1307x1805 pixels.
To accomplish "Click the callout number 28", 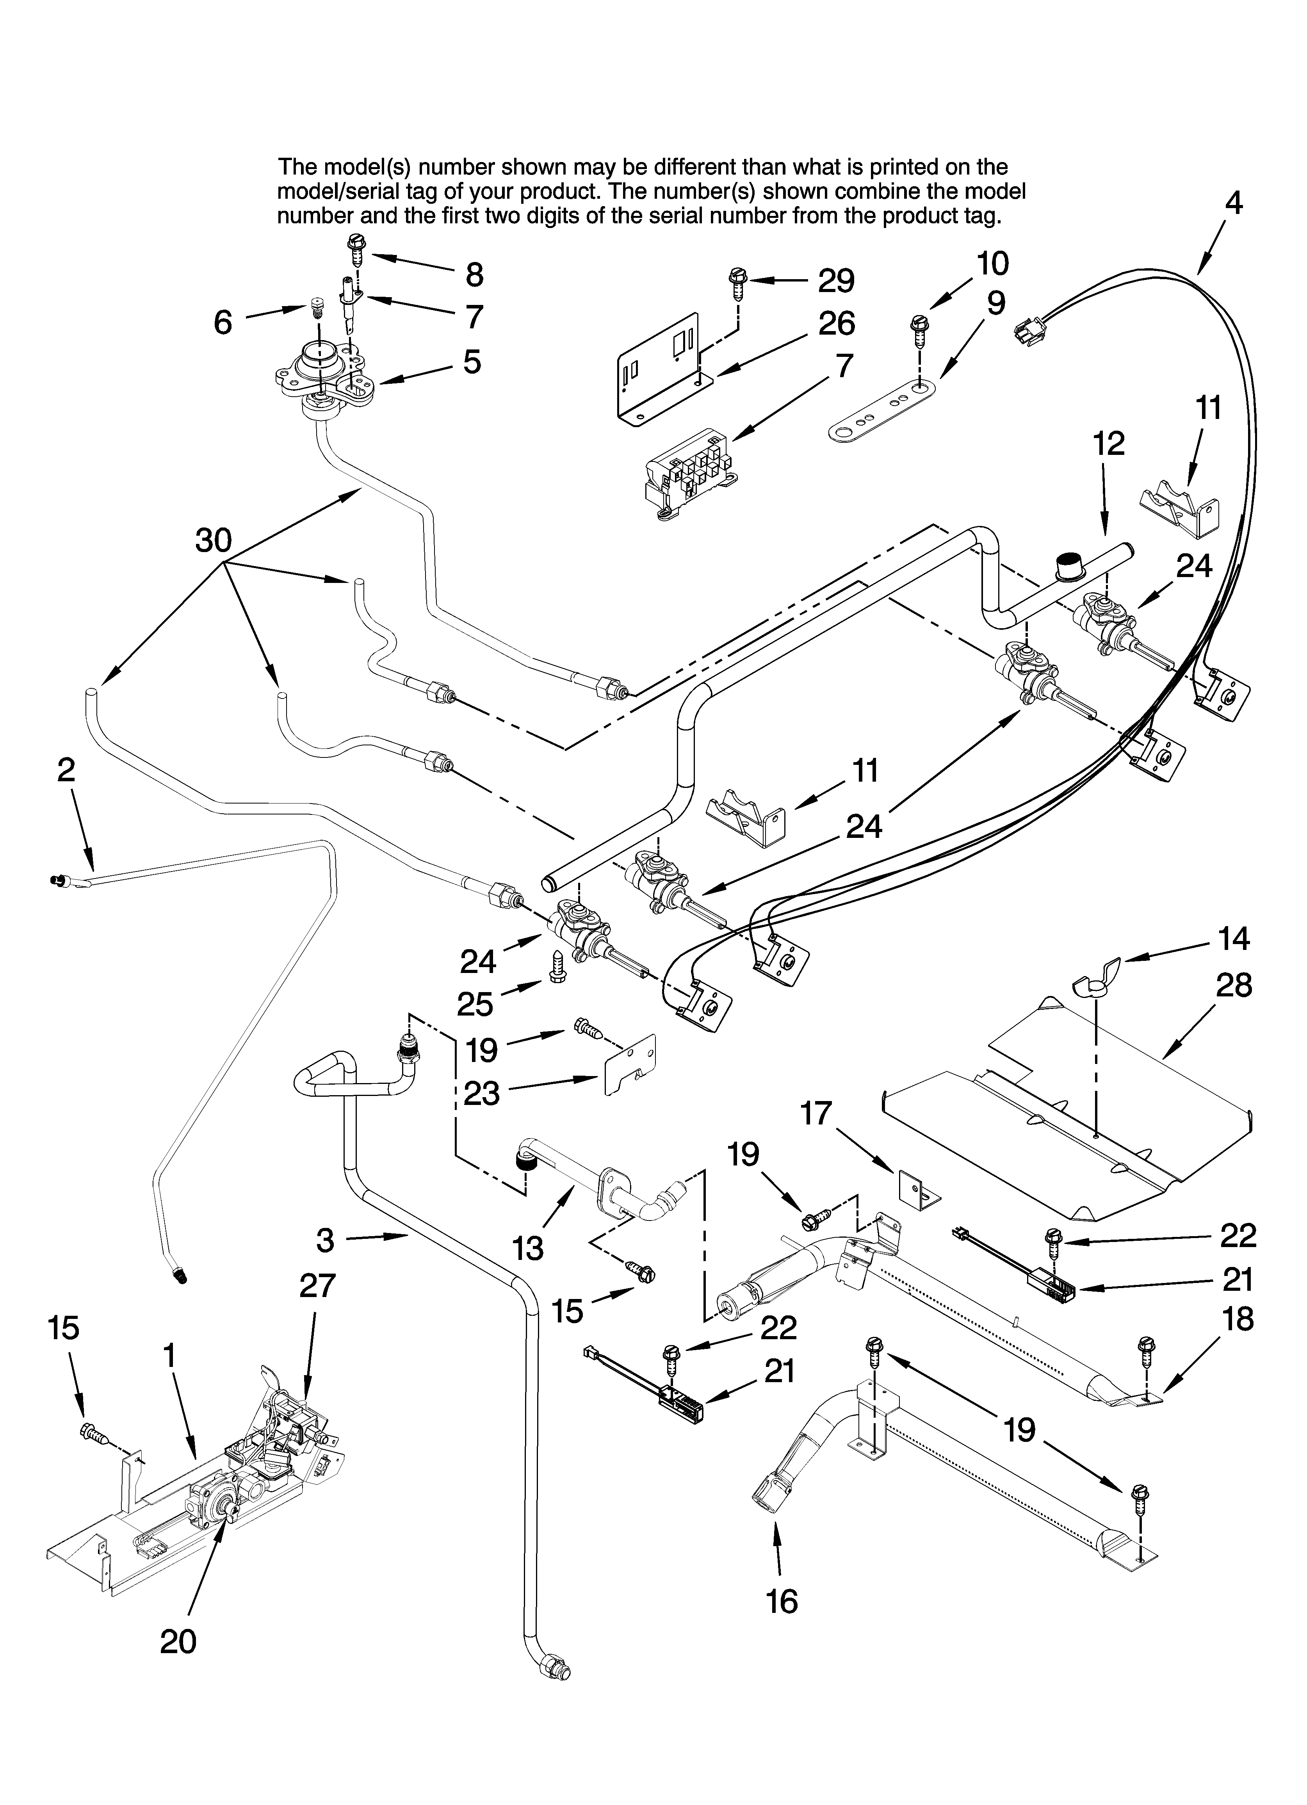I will coord(1234,985).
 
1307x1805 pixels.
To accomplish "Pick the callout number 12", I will coord(1109,444).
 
